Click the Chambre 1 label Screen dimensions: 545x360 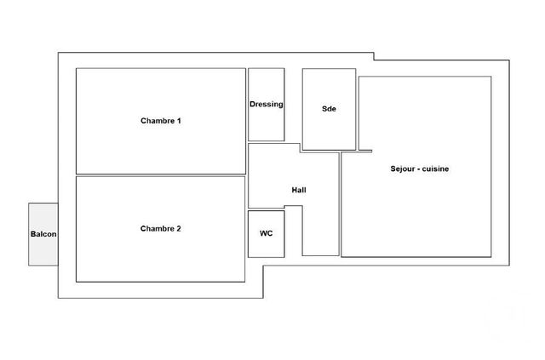coord(161,121)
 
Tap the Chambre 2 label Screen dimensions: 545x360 coord(161,229)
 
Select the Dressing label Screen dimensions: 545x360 coord(267,104)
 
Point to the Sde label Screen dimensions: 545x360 coord(329,109)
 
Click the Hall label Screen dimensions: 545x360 coord(299,190)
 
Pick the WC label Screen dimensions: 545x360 coord(267,233)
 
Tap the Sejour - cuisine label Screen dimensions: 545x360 coord(420,169)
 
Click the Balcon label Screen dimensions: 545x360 coord(43,234)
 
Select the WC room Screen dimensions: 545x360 coord(267,234)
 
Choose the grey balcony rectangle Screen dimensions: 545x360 coord(43,215)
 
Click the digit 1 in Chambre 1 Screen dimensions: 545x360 coord(179,121)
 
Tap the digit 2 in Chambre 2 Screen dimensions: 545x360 coord(178,229)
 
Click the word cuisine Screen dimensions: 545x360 coord(435,169)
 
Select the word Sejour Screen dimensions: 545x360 coord(402,169)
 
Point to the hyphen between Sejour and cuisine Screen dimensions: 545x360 coord(418,169)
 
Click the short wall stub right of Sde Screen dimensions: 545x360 coord(365,151)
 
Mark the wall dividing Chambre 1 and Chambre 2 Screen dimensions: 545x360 coord(161,175)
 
